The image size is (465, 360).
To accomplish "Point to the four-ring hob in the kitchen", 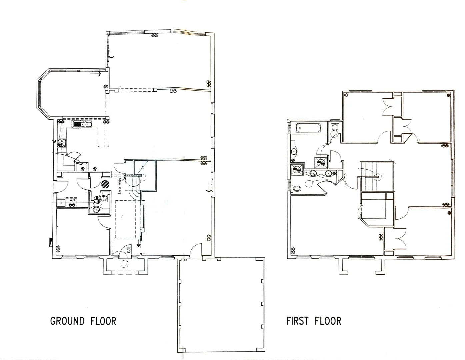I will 62,143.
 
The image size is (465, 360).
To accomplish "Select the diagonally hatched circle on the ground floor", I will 105,184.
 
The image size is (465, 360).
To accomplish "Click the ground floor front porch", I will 126,267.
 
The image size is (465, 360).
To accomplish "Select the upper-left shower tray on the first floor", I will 321,162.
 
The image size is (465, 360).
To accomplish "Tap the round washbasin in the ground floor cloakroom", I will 97,209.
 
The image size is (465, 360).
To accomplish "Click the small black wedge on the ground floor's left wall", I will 51,242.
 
